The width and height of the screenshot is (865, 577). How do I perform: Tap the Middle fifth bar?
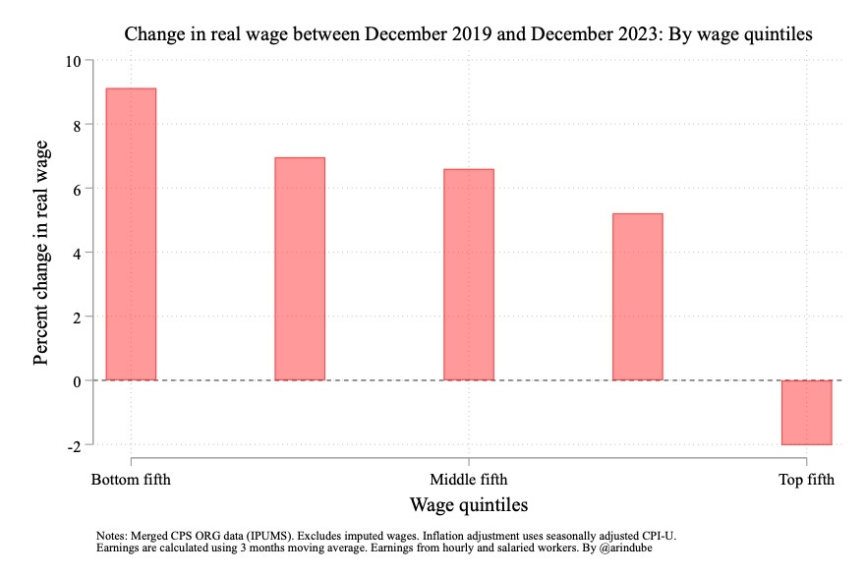469,274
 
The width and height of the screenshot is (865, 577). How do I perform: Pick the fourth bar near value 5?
638,297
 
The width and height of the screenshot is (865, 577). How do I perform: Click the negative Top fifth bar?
807,413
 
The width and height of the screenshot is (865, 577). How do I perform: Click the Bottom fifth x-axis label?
131,481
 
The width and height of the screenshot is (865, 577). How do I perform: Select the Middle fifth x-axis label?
469,481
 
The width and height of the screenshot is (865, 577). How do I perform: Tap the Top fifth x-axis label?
807,481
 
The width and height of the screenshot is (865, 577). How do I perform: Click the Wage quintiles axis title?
468,505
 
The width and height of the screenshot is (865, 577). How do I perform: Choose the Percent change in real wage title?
41,253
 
